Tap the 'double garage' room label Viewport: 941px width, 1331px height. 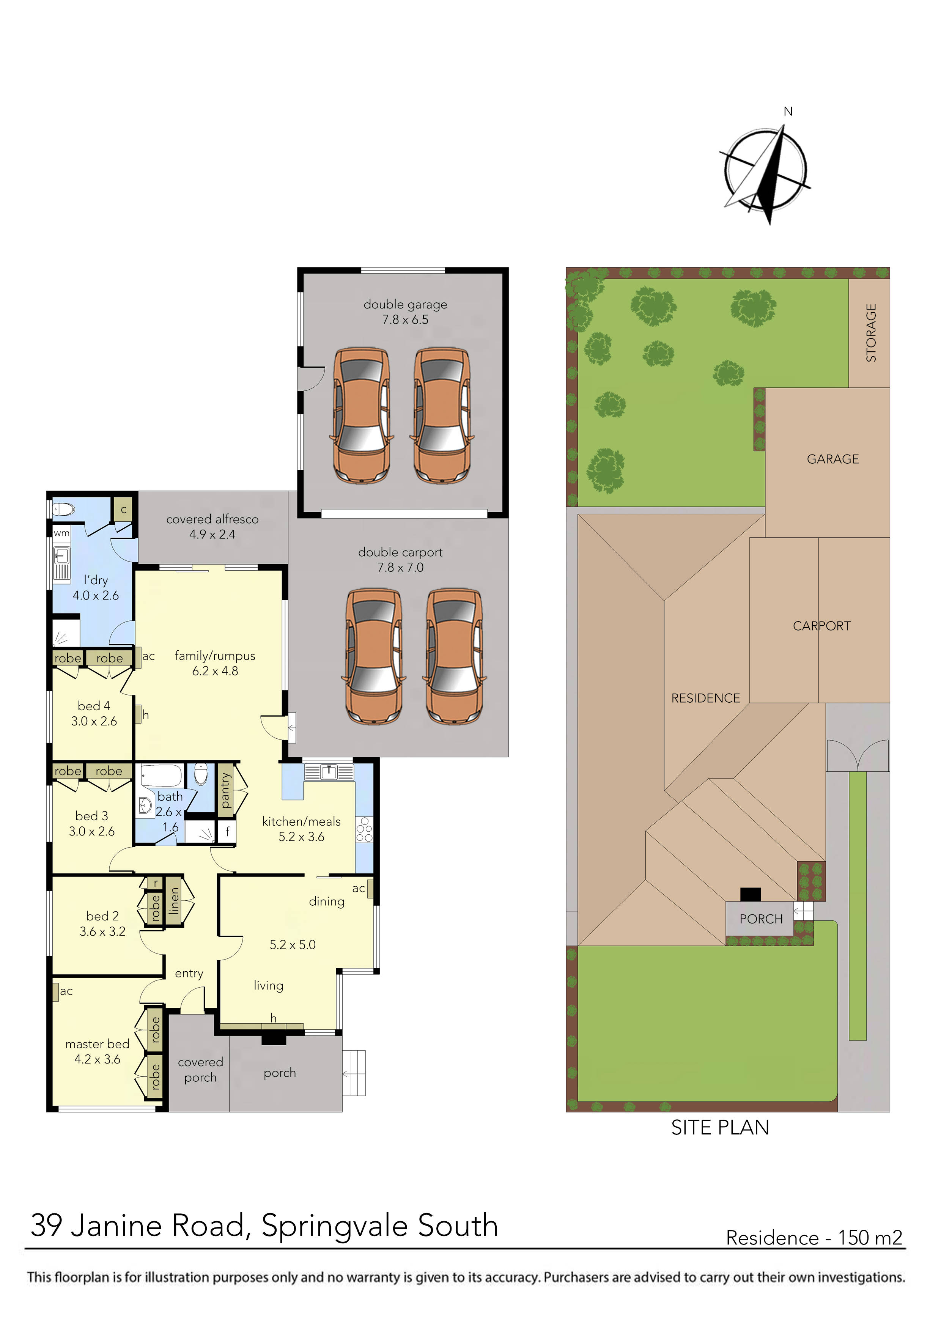pos(405,304)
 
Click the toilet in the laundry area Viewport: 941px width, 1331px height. pos(63,510)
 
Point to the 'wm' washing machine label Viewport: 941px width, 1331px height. pos(61,533)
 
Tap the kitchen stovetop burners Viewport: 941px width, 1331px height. pos(364,829)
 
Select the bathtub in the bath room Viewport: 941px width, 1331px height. pos(162,775)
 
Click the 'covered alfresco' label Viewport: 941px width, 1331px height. pos(212,519)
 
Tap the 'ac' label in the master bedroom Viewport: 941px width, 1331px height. pos(66,991)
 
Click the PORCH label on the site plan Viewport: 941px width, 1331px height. pos(761,919)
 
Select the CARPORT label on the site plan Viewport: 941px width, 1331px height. pos(821,626)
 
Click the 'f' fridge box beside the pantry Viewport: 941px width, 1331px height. pos(227,831)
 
